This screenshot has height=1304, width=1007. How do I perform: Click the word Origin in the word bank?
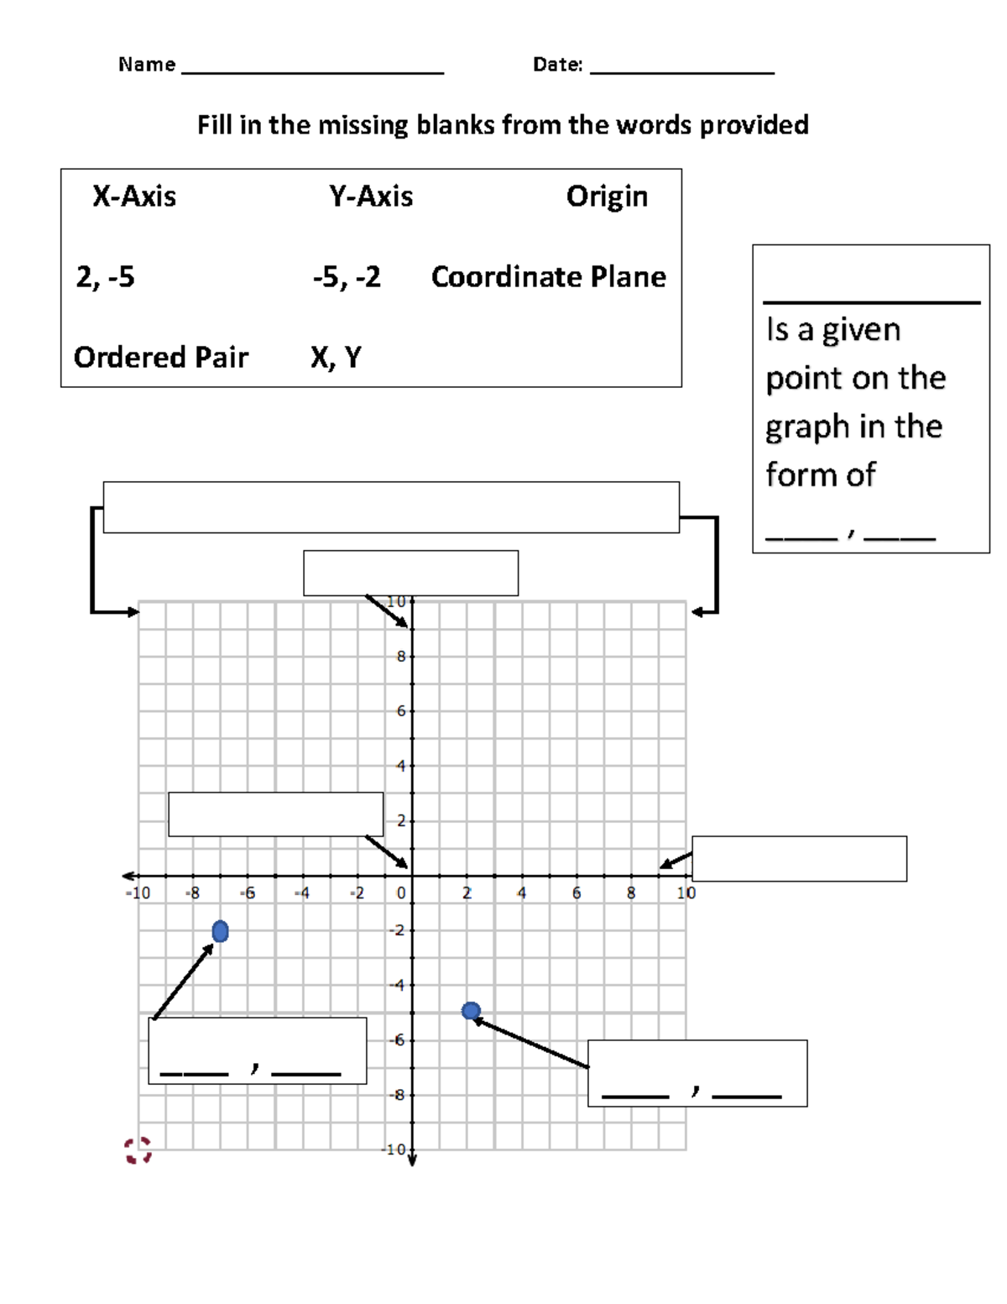pyautogui.click(x=607, y=196)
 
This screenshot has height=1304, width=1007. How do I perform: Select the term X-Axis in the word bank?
pyautogui.click(x=134, y=196)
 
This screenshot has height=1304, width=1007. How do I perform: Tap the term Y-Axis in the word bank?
pyautogui.click(x=371, y=196)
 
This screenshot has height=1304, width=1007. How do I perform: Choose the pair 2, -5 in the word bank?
pyautogui.click(x=105, y=277)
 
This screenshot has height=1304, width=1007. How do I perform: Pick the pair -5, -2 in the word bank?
pyautogui.click(x=347, y=277)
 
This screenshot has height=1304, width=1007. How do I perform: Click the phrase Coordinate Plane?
pyautogui.click(x=549, y=277)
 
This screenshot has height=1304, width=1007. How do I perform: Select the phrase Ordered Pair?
pyautogui.click(x=161, y=358)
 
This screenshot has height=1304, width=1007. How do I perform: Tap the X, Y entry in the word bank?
pyautogui.click(x=336, y=358)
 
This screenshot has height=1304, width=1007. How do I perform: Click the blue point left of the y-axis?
pyautogui.click(x=220, y=931)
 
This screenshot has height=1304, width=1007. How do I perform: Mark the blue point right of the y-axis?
pyautogui.click(x=472, y=1011)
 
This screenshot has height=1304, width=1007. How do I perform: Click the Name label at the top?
pyautogui.click(x=147, y=65)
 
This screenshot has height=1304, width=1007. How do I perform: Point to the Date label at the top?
pyautogui.click(x=557, y=65)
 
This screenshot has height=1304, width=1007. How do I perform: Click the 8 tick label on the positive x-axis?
pyautogui.click(x=631, y=893)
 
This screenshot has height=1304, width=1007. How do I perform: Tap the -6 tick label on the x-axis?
pyautogui.click(x=248, y=893)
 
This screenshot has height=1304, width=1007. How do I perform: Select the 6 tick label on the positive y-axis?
pyautogui.click(x=401, y=711)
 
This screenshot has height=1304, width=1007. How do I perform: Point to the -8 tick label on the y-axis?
pyautogui.click(x=398, y=1095)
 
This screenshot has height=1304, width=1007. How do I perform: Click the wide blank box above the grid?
pyautogui.click(x=391, y=507)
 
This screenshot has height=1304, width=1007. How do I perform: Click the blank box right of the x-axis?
pyautogui.click(x=799, y=858)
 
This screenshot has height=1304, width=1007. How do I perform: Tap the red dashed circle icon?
pyautogui.click(x=138, y=1150)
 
